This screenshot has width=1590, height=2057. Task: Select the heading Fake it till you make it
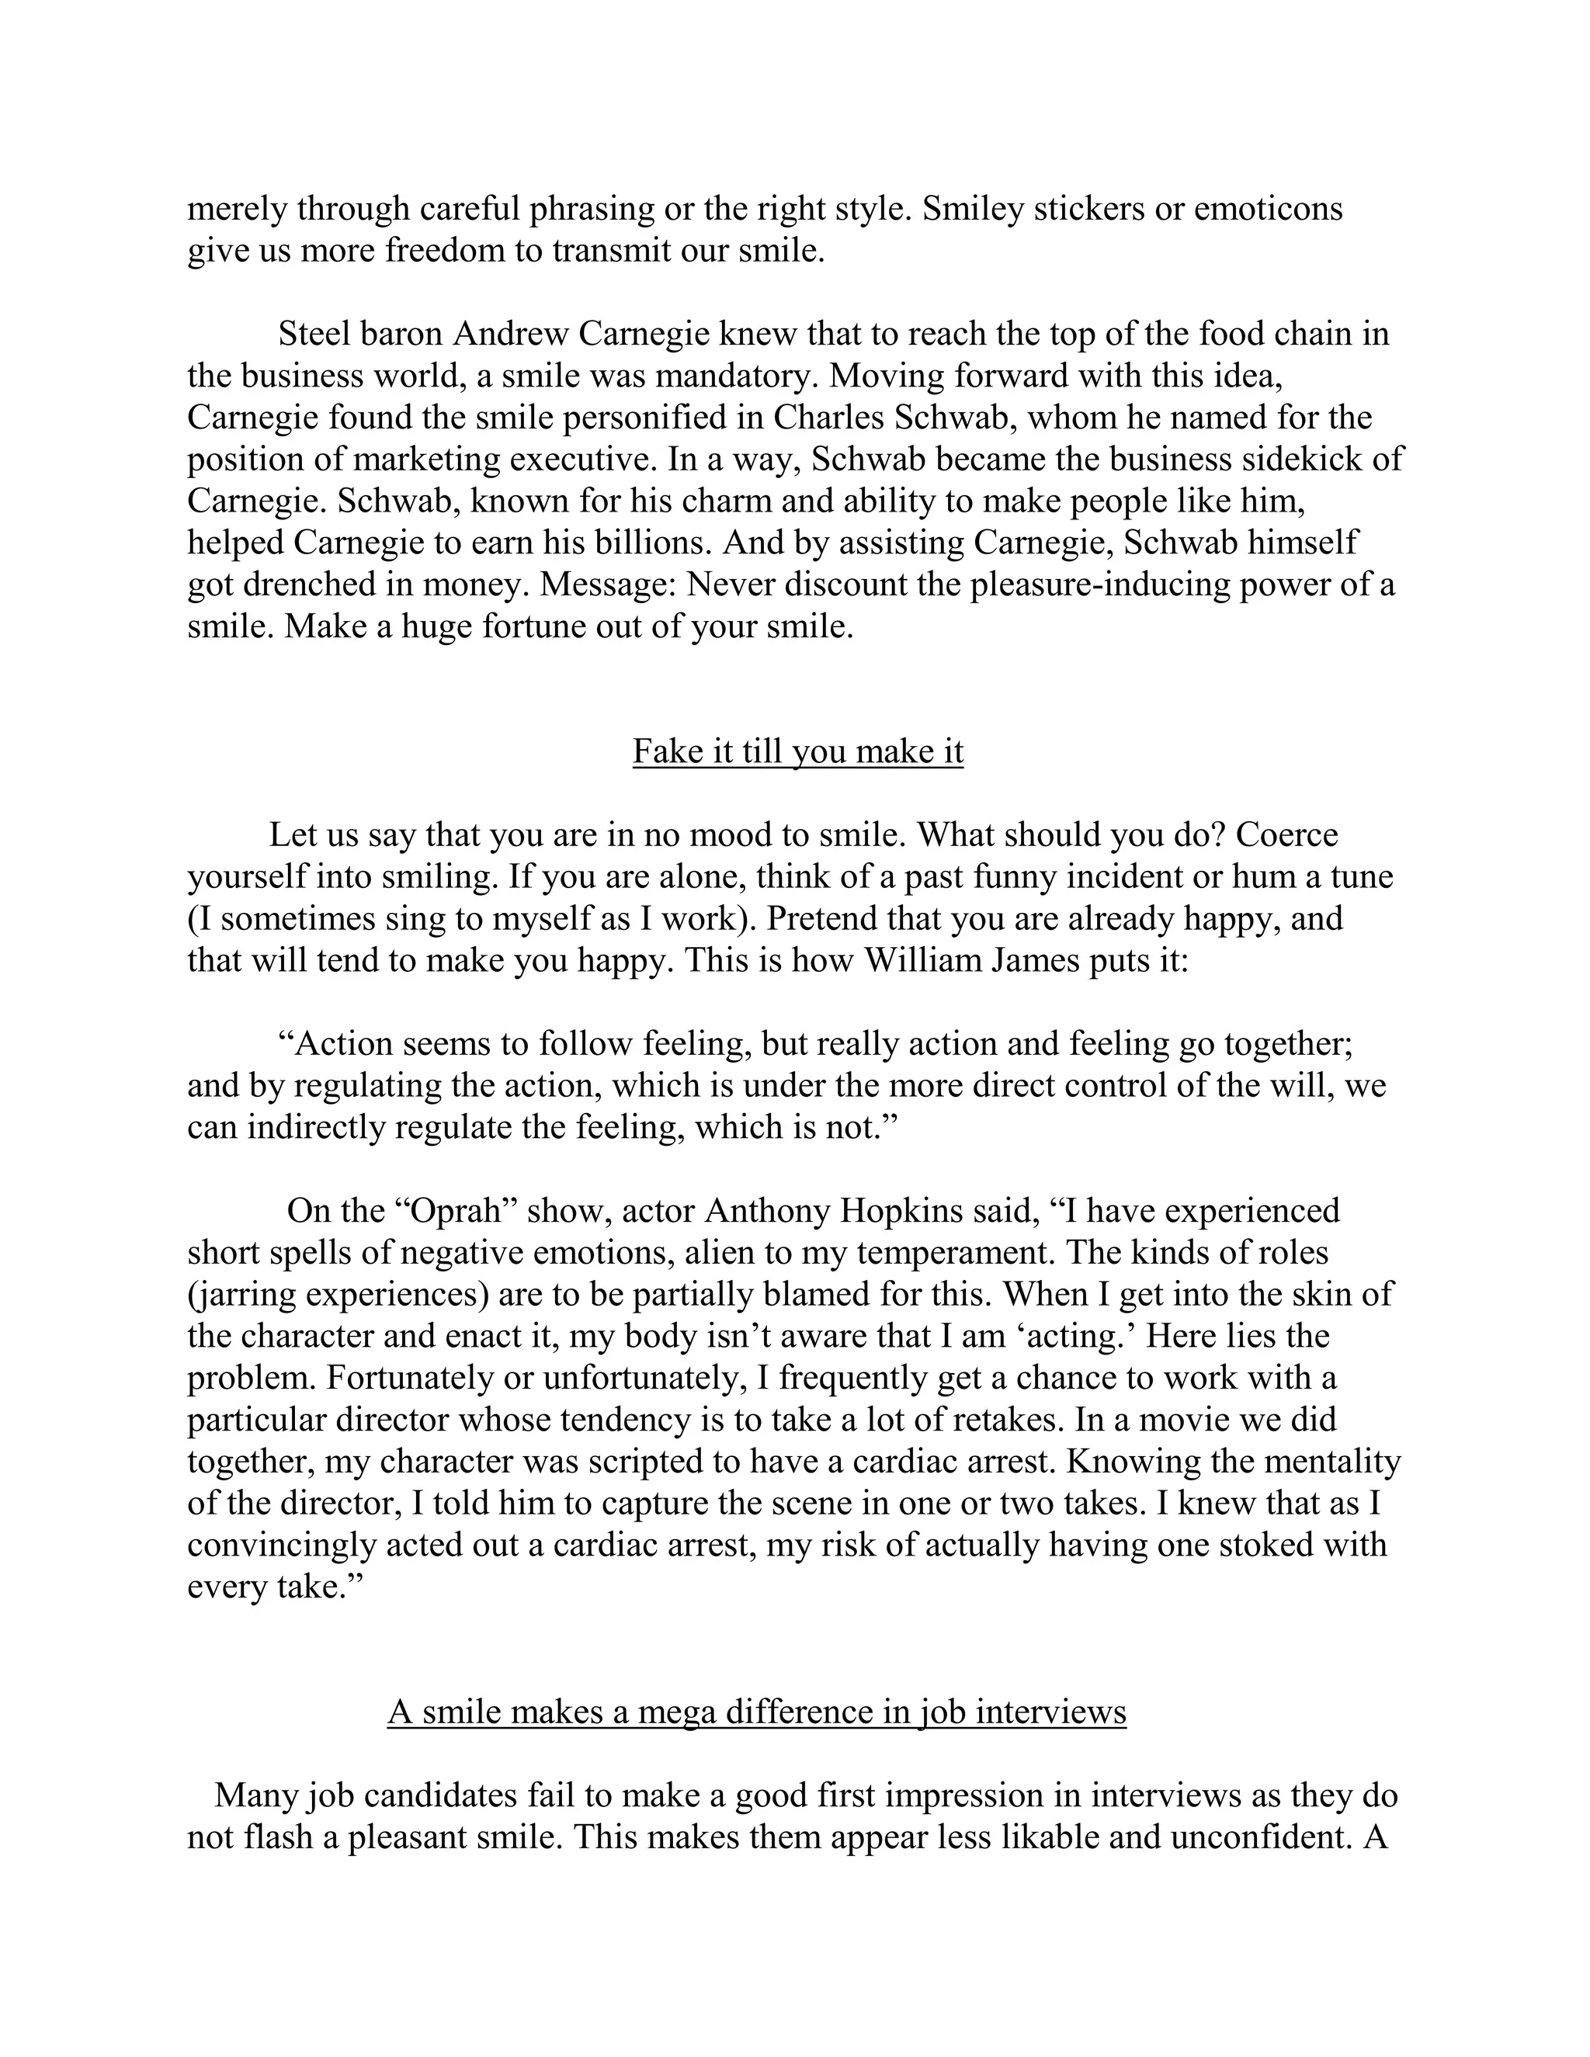[x=798, y=751]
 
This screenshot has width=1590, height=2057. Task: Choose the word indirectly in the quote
[x=317, y=1127]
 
